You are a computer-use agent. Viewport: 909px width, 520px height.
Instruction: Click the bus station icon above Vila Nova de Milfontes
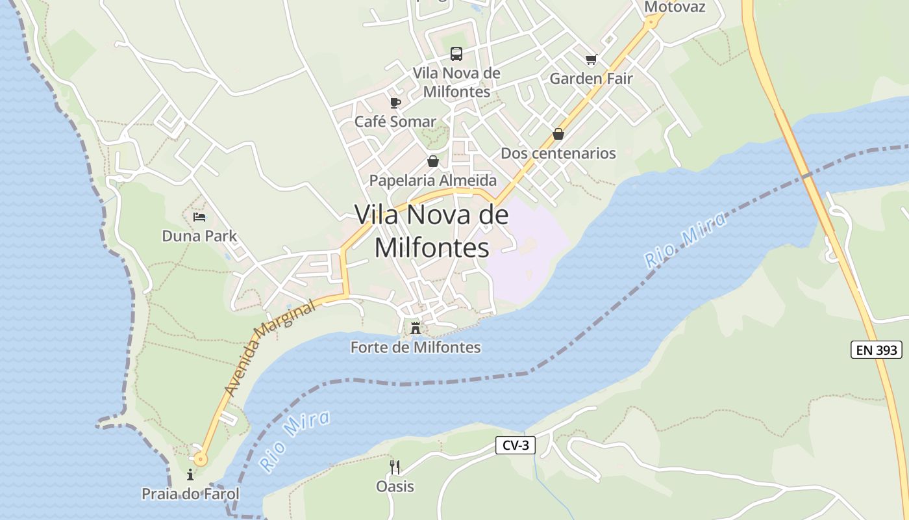(456, 54)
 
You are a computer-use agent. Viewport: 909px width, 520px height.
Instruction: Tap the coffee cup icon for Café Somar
(395, 103)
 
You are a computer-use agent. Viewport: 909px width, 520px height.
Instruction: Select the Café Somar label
(395, 122)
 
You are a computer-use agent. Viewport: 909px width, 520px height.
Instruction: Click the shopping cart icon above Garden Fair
(591, 60)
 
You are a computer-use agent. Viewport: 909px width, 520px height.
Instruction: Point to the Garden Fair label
(591, 79)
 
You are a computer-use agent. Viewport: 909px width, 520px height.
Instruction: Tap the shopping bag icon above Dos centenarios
(558, 134)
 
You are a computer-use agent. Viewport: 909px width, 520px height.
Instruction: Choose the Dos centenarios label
(558, 153)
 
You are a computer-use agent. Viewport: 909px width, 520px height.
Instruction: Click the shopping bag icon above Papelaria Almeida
(432, 161)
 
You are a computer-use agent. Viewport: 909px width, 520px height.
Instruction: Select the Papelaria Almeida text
(432, 180)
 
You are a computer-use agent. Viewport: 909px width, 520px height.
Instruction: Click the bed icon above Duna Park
(199, 216)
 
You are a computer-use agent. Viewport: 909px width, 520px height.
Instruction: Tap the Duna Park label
(199, 236)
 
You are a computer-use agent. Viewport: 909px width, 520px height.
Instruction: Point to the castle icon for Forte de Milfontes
(416, 328)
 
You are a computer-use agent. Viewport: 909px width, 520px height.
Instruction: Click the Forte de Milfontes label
(416, 347)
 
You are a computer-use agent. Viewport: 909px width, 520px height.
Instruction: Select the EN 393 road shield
(876, 350)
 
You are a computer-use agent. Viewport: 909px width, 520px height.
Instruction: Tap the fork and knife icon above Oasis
(394, 467)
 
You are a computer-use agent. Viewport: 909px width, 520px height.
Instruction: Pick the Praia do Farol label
(190, 494)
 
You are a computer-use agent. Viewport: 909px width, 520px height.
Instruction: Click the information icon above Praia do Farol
(190, 475)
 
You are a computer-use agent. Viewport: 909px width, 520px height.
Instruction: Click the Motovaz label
(674, 7)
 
